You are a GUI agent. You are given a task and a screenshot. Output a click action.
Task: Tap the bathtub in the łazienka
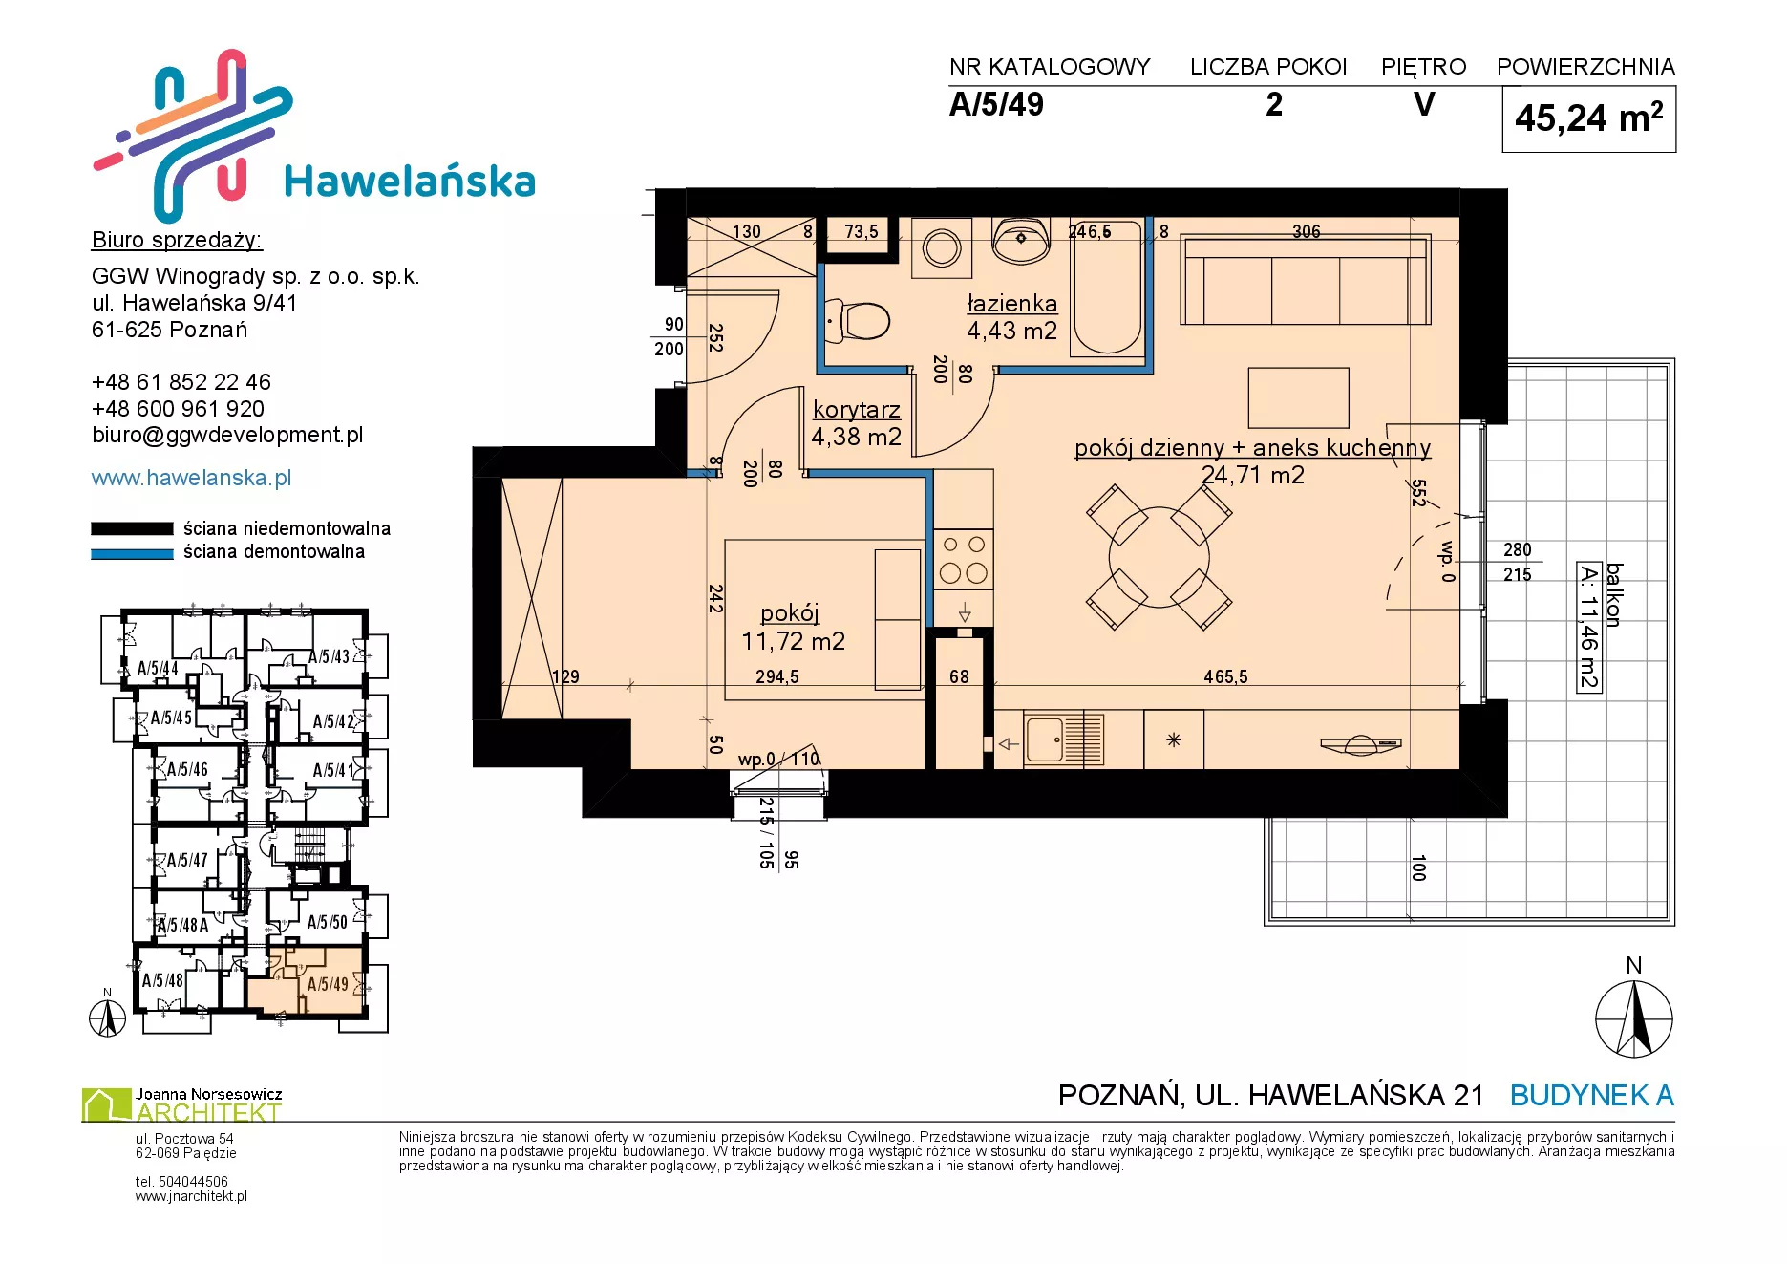coord(1107,287)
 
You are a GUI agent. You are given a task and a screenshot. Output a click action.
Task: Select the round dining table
coord(1159,557)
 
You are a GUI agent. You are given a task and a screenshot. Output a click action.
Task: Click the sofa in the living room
coord(1306,281)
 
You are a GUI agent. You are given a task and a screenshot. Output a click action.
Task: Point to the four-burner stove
coord(964,559)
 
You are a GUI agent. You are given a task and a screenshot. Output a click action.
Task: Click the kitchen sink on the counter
coord(1063,739)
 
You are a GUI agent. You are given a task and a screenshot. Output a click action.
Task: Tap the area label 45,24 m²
coord(1588,118)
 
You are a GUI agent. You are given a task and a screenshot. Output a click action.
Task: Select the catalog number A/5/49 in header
coord(996,104)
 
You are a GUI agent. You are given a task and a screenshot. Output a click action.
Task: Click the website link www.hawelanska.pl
coord(191,478)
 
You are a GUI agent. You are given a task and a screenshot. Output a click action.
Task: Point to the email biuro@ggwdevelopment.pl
coord(227,436)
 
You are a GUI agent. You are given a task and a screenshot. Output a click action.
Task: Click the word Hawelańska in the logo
coord(410,182)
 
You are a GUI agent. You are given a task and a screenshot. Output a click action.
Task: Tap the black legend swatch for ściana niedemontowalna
coord(132,528)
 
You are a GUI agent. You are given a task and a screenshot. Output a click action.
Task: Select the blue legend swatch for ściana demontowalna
coord(132,553)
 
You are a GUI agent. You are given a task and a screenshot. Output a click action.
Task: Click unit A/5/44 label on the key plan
coord(158,668)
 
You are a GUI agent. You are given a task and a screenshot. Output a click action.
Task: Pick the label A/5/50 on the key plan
coord(328,922)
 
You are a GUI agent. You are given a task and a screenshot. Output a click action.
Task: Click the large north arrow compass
coord(1634,1018)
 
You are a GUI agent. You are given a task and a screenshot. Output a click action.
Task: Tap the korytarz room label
coord(857,410)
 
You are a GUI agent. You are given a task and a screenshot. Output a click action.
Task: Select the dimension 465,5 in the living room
coord(1225,676)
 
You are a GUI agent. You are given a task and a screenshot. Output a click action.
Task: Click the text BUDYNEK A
coord(1591,1095)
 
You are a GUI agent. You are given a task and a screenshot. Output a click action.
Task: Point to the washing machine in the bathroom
coord(942,248)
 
